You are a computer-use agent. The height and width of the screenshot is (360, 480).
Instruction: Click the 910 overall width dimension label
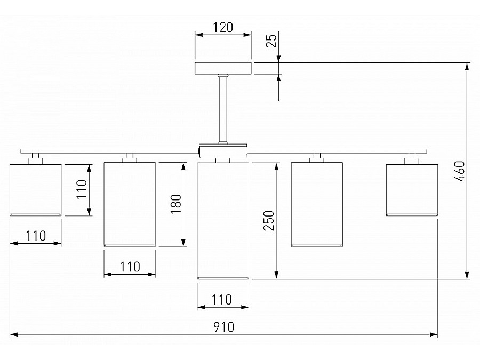point(224,326)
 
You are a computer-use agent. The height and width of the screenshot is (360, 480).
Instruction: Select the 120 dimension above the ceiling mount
point(222,27)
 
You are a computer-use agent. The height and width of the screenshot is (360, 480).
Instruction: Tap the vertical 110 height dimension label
point(81,189)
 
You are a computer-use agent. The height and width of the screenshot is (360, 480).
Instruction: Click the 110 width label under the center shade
point(222,299)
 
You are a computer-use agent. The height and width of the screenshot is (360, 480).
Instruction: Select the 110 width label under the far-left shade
point(35,235)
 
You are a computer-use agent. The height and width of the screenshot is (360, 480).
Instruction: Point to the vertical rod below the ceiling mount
point(222,109)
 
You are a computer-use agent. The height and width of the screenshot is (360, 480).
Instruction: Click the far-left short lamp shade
point(36,189)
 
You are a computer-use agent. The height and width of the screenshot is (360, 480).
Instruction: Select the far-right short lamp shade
point(411,189)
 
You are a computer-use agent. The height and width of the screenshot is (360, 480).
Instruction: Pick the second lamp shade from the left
point(129,204)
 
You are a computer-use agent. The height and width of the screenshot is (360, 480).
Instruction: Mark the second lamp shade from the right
point(317,204)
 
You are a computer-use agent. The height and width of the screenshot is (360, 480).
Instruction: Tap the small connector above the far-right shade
point(411,158)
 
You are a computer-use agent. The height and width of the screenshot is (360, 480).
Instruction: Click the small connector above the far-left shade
point(35,158)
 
